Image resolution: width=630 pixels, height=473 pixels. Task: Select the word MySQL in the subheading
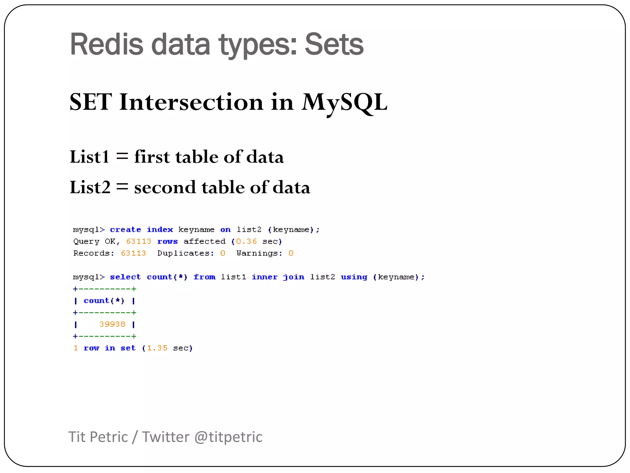pos(344,102)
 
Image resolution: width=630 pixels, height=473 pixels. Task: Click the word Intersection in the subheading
pos(191,102)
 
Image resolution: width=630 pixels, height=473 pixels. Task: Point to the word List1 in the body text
pos(90,157)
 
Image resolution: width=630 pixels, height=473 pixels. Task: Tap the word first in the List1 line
pos(152,157)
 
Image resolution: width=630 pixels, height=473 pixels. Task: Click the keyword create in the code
pos(126,230)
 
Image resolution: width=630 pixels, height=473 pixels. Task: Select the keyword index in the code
pos(160,230)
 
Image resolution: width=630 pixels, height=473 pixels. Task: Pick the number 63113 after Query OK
pos(139,241)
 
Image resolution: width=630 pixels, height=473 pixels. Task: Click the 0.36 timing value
pos(246,241)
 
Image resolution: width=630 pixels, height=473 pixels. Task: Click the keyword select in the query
pos(126,277)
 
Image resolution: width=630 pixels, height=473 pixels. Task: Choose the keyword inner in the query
pos(265,277)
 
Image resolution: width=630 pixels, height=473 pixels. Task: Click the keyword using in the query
pos(354,277)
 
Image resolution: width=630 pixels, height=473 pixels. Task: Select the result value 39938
pos(112,324)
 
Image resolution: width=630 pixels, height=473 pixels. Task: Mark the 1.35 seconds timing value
pos(157,348)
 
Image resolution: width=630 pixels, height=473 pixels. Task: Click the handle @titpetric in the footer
pos(228,437)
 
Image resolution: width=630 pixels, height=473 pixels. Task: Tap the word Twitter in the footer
pos(165,437)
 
